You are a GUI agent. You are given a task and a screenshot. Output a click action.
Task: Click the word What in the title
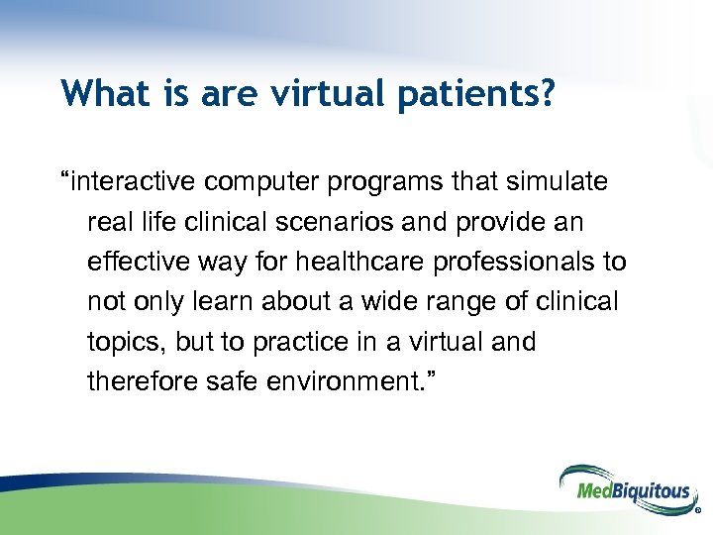[x=97, y=93]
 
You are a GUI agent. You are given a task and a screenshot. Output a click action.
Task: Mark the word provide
[x=505, y=222]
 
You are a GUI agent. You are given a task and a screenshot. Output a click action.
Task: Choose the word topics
[x=127, y=341]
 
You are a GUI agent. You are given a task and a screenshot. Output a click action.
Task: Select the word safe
[x=221, y=380]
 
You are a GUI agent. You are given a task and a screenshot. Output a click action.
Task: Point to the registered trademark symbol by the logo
[x=698, y=513]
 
